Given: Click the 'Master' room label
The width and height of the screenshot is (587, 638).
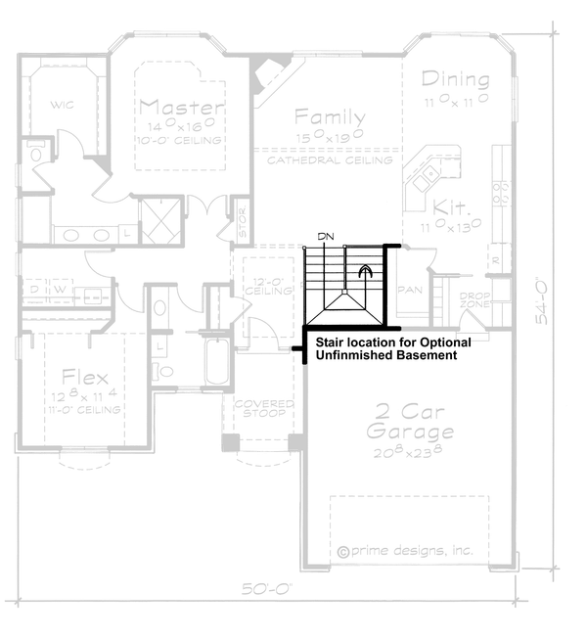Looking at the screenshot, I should (x=182, y=106).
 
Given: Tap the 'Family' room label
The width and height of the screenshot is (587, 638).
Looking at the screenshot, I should (x=331, y=116).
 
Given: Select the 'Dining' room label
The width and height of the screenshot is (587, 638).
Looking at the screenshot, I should (x=455, y=79).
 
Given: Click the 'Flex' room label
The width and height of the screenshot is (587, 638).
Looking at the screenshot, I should (x=85, y=377).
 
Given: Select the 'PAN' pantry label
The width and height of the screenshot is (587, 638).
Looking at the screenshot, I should (x=409, y=291).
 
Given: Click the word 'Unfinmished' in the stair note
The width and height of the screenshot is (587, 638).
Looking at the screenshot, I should (x=355, y=356).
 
